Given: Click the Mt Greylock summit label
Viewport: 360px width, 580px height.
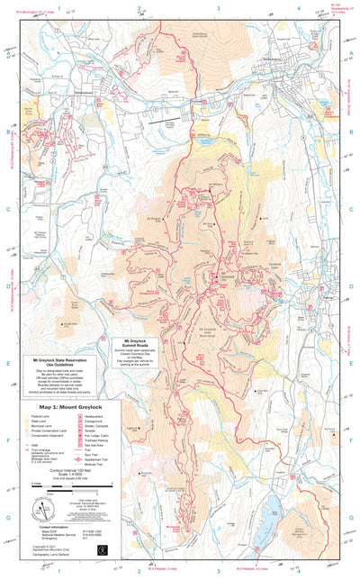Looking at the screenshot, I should (x=228, y=273).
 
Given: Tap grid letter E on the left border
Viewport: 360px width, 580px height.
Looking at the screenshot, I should (x=8, y=339).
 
